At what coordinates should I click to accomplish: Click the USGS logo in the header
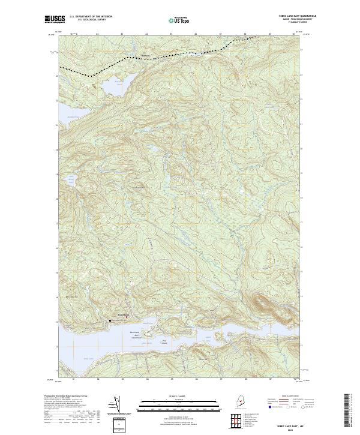coord(54,20)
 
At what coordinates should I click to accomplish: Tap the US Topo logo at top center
coord(180,20)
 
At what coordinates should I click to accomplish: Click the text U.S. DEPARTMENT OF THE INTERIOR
coord(91,17)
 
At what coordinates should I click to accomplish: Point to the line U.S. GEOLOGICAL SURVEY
coord(91,20)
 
